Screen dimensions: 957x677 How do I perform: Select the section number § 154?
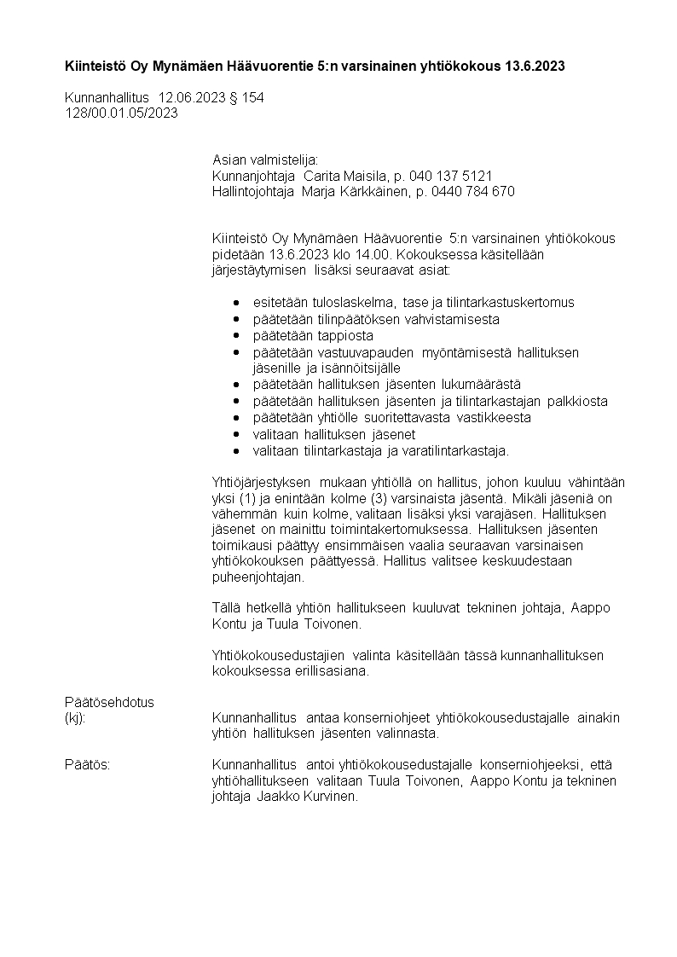pyautogui.click(x=246, y=97)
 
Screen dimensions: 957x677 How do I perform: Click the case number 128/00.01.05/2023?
pyautogui.click(x=121, y=113)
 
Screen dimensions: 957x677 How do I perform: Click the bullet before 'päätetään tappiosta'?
pyautogui.click(x=236, y=336)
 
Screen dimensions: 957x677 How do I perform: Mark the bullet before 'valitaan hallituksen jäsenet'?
pyautogui.click(x=236, y=434)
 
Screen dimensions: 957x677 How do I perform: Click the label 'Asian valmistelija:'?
pyautogui.click(x=265, y=159)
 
